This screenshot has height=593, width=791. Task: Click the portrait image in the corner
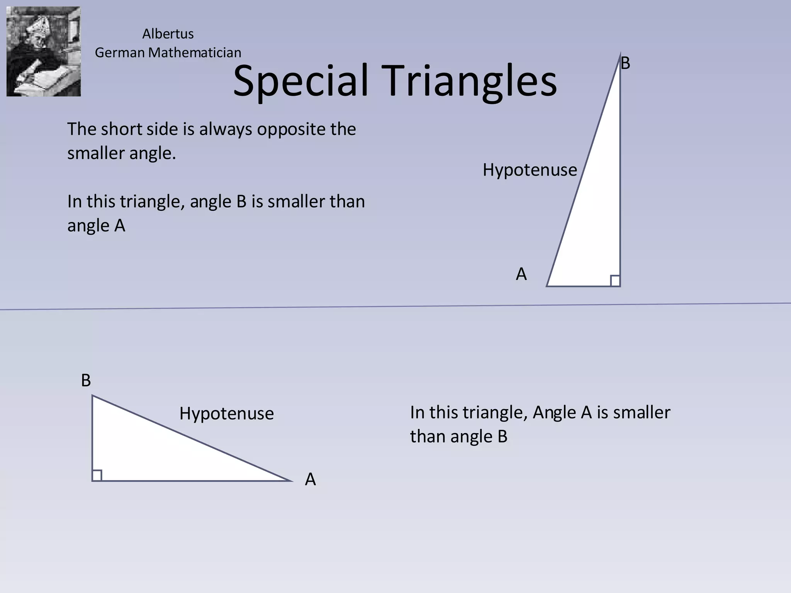pos(44,51)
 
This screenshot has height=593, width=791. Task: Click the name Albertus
pos(168,34)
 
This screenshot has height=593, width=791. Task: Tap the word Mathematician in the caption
pos(195,53)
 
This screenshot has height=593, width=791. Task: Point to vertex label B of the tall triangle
pos(625,63)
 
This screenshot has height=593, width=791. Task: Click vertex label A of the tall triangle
pos(521,274)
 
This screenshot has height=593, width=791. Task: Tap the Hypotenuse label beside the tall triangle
pos(530,170)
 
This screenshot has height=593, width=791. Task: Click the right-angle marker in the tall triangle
pos(615,281)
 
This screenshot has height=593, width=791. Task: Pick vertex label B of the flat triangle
pos(86,381)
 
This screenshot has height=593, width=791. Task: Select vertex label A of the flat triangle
pos(310,479)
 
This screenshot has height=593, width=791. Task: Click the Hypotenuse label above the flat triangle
pos(226,413)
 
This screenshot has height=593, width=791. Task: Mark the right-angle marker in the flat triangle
pos(97,475)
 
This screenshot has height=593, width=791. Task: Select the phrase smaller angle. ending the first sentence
pos(121,153)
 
